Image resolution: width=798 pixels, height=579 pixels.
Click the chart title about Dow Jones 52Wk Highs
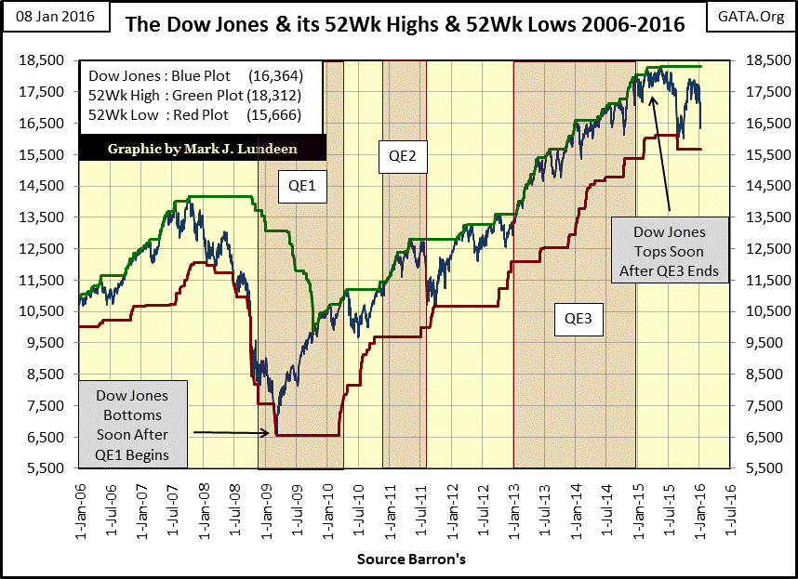pos(405,24)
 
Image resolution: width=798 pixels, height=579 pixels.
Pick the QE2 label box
pos(403,155)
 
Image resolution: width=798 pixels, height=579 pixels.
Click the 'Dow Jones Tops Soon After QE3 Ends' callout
pos(669,252)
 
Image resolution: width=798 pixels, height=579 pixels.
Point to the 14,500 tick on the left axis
pos(47,186)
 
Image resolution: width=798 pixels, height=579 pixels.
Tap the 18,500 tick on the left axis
pos(47,60)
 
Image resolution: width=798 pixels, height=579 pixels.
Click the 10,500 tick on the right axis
pos(759,311)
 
